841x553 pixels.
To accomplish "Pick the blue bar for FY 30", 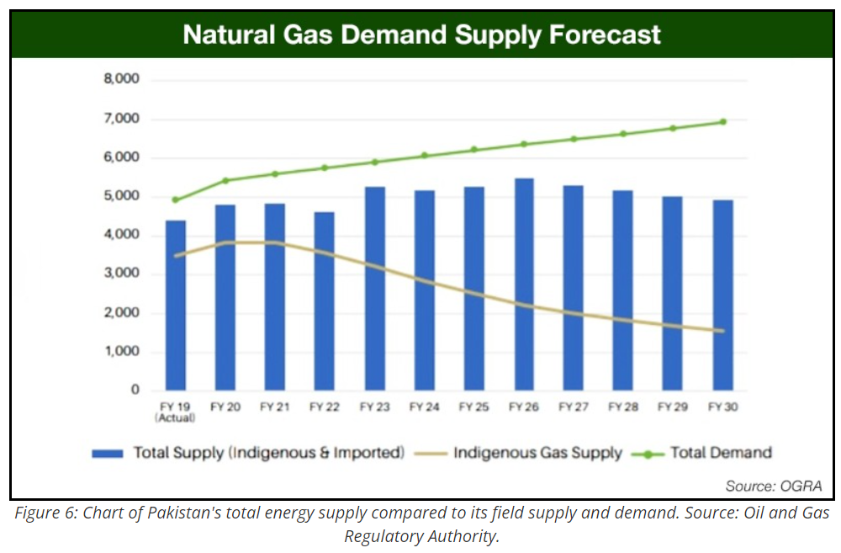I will tap(722, 295).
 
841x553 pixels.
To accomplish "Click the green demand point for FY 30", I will tap(722, 122).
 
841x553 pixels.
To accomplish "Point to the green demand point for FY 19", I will tap(176, 200).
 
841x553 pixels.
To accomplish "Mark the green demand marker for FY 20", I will tap(225, 180).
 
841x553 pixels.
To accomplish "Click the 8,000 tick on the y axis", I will tap(121, 80).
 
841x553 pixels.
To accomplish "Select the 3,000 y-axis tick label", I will tap(121, 274).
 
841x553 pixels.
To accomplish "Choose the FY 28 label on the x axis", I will tap(622, 407).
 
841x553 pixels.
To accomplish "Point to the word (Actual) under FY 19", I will tap(176, 417).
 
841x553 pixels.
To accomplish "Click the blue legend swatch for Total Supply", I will tap(108, 454).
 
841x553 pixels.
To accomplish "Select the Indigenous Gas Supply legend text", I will tap(538, 453).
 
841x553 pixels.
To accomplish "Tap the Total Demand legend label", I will tap(721, 453).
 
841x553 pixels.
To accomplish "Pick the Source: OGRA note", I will tap(773, 487).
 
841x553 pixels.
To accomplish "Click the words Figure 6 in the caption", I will tap(42, 514).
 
